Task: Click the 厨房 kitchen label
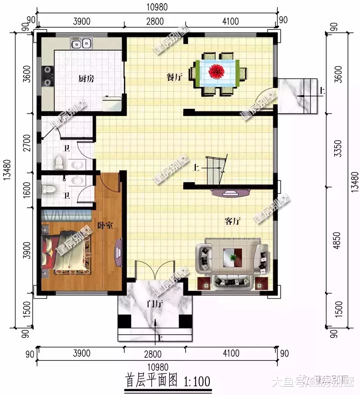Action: (86, 79)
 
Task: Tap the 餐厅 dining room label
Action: (174, 77)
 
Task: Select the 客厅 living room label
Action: (233, 221)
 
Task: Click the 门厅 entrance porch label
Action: (155, 303)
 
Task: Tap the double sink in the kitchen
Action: (81, 44)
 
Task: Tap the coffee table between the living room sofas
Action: (233, 257)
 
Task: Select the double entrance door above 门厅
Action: (155, 271)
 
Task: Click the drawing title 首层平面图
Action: (151, 381)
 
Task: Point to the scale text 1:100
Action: (197, 381)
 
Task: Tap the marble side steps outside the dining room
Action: (297, 96)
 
